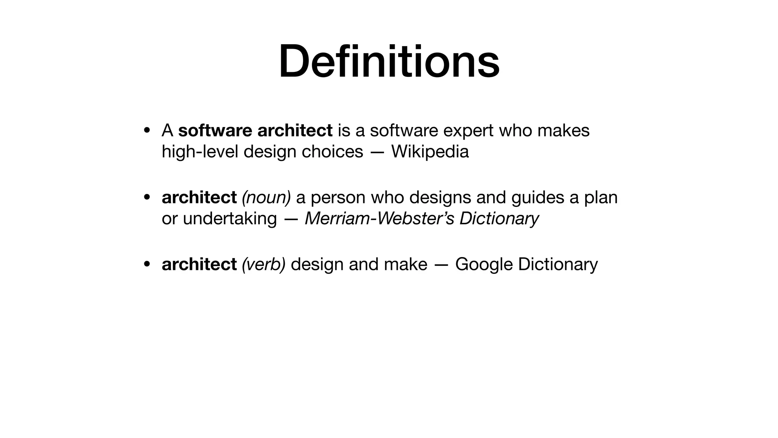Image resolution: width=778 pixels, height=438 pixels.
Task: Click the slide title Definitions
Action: (x=389, y=62)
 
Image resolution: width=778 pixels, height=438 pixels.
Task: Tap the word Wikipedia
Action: (x=430, y=151)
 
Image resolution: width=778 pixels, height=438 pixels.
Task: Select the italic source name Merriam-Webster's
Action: (x=380, y=218)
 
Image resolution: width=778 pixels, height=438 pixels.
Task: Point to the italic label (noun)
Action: (x=266, y=197)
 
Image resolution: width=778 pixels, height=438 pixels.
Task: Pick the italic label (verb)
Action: (x=264, y=264)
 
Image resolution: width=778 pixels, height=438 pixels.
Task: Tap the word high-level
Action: (x=200, y=151)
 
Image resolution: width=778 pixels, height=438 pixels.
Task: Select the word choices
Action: (x=332, y=151)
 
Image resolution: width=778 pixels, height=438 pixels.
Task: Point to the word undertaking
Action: (x=230, y=218)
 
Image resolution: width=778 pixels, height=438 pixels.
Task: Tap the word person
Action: (x=338, y=197)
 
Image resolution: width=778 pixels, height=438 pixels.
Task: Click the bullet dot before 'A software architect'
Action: (x=147, y=130)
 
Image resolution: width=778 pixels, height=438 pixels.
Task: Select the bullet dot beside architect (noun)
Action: (x=147, y=197)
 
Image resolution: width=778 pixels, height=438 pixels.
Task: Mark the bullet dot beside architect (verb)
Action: (x=147, y=264)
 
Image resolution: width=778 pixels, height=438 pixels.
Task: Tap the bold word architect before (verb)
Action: (x=199, y=264)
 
